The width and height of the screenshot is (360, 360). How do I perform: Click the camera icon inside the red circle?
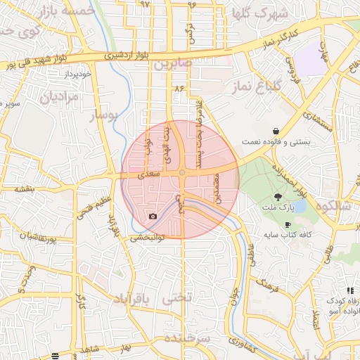(x=153, y=216)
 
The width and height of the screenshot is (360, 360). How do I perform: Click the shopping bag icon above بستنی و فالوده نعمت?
(x=276, y=131)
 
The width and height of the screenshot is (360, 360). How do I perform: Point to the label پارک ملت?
(x=279, y=209)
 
